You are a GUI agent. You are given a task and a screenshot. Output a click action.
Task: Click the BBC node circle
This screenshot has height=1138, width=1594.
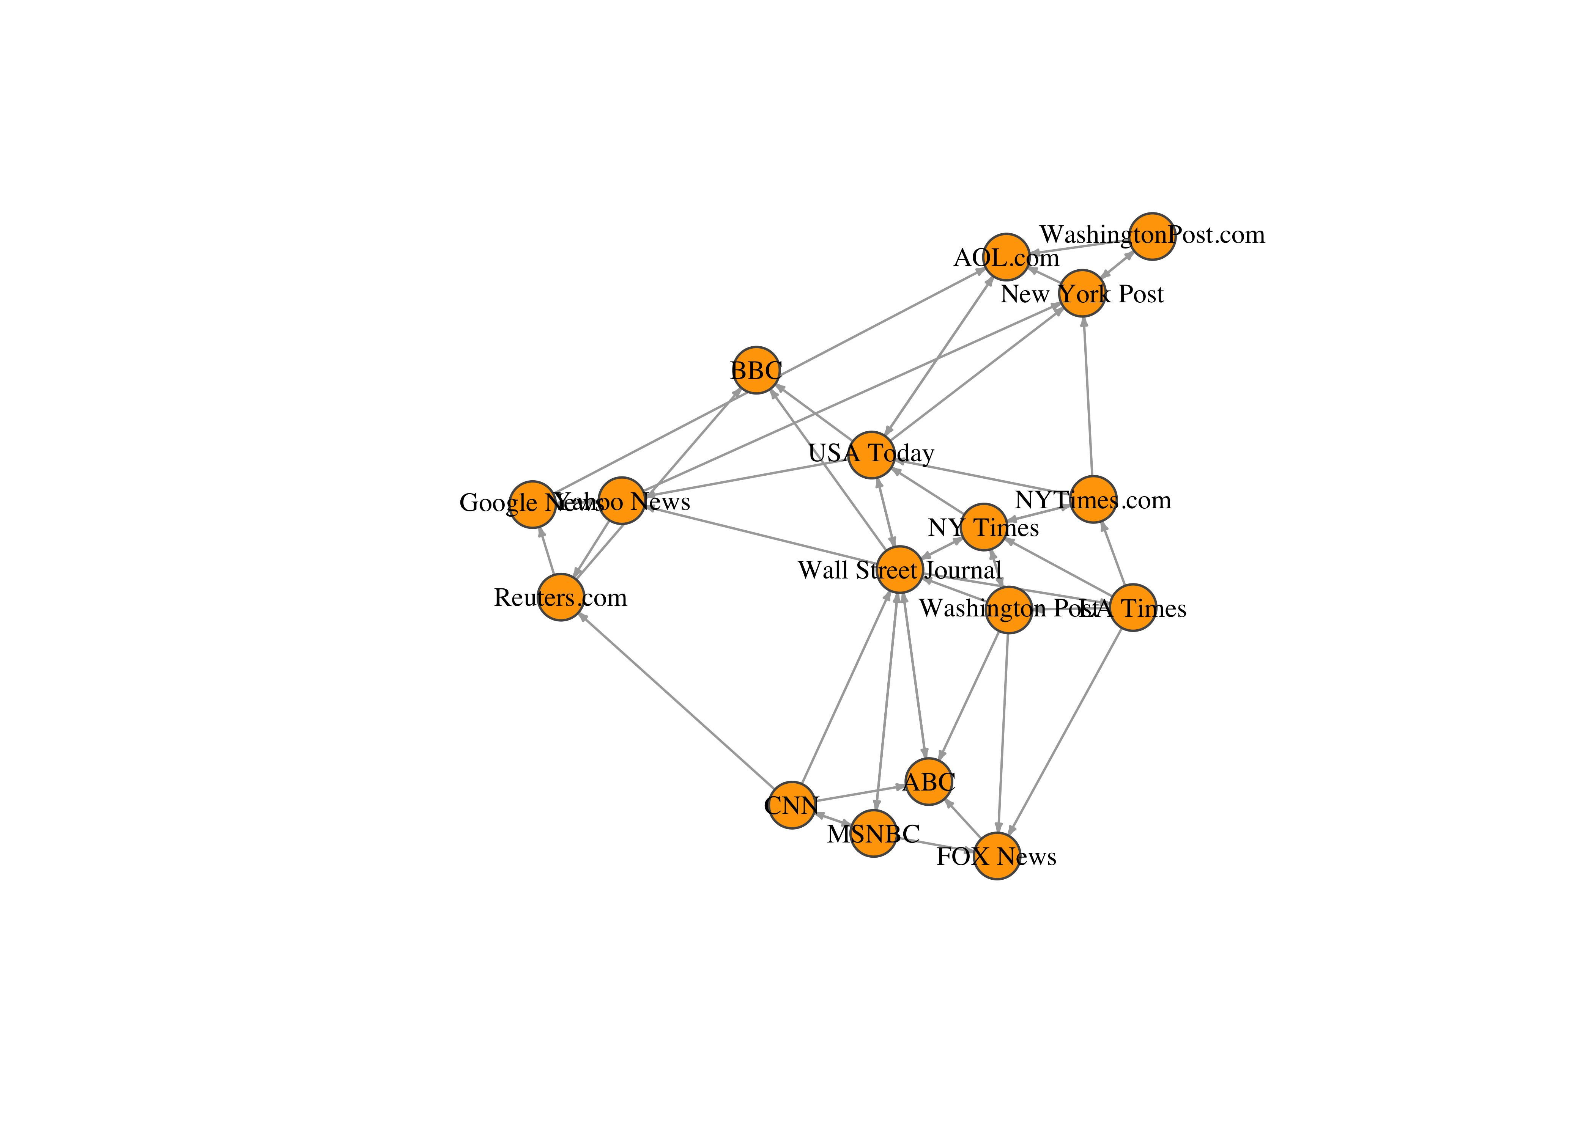pyautogui.click(x=756, y=370)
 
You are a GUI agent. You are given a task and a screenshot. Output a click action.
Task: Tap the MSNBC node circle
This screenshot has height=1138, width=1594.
pyautogui.click(x=873, y=833)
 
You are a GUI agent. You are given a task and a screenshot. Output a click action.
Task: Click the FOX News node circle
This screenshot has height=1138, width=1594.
pyautogui.click(x=997, y=856)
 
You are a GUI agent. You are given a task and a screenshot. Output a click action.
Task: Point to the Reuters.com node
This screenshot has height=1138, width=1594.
pyautogui.click(x=561, y=597)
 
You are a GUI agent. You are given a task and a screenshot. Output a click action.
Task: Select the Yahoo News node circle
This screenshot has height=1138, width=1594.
pyautogui.click(x=622, y=500)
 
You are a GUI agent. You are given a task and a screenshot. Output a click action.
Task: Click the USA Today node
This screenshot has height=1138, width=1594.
pyautogui.click(x=871, y=455)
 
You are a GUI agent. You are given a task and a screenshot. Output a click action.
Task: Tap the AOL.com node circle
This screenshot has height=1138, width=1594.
pyautogui.click(x=1006, y=256)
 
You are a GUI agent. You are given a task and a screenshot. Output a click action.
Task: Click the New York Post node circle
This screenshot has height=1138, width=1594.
pyautogui.click(x=1082, y=293)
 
